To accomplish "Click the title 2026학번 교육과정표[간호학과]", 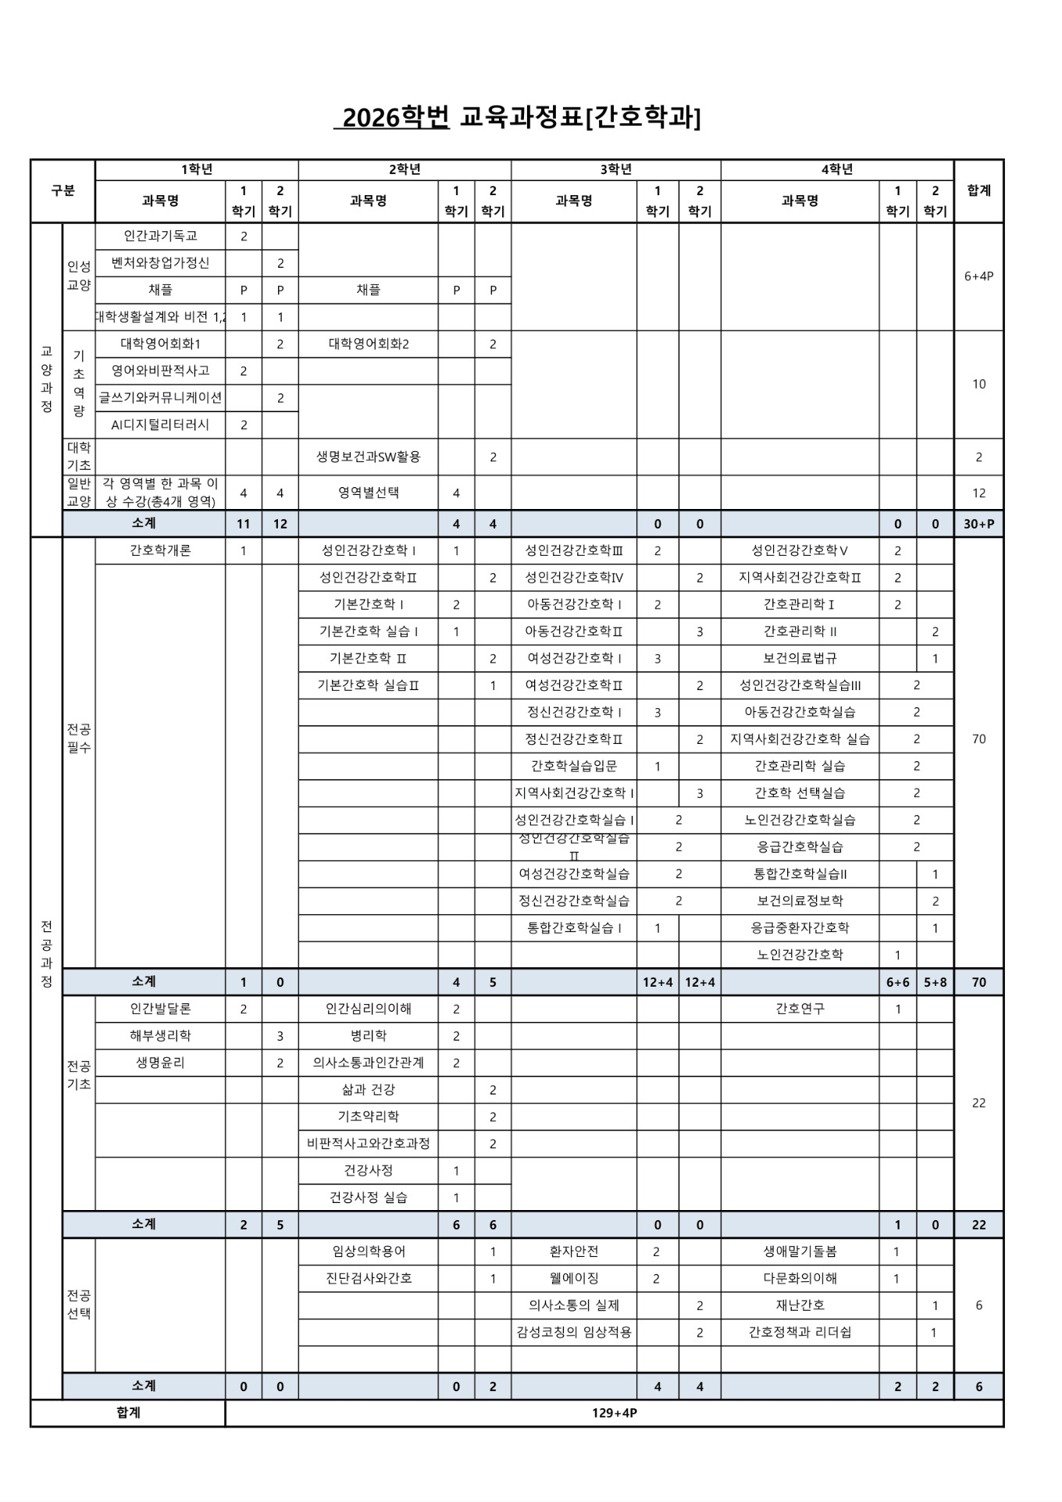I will [x=518, y=117].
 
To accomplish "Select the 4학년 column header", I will [x=836, y=169].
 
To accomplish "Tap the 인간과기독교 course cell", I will [x=160, y=236].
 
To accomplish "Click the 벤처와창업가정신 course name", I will [x=160, y=263].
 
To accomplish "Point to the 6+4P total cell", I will [x=978, y=276].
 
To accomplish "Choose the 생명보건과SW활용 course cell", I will [x=368, y=457].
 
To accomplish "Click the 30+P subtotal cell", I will [x=978, y=524].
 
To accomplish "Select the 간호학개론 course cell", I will [x=160, y=550].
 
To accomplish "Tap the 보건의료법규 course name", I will [x=800, y=658].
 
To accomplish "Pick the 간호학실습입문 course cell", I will [x=574, y=766].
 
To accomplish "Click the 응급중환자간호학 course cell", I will [x=800, y=927].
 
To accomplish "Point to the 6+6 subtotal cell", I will [x=897, y=982].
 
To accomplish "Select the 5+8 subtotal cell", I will [x=935, y=982].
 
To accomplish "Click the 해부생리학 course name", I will [x=160, y=1036].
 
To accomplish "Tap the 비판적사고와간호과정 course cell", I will [x=368, y=1144].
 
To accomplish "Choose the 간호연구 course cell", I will [x=800, y=1009].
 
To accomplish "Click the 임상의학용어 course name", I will [x=368, y=1251].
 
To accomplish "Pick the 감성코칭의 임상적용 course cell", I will [x=574, y=1333].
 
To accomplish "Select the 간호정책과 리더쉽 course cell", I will [x=800, y=1333].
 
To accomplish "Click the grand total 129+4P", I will [x=614, y=1413].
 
